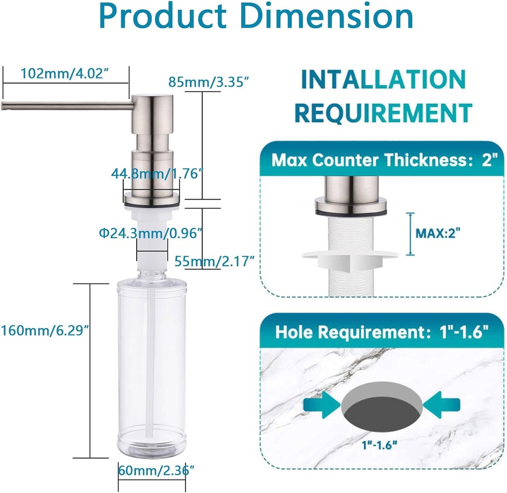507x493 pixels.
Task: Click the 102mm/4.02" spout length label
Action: click(64, 74)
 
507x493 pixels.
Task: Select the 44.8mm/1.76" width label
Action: click(156, 174)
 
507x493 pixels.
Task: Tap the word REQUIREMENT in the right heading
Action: click(383, 112)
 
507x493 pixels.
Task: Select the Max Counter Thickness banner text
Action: click(381, 160)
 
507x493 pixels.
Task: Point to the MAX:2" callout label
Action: click(436, 232)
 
